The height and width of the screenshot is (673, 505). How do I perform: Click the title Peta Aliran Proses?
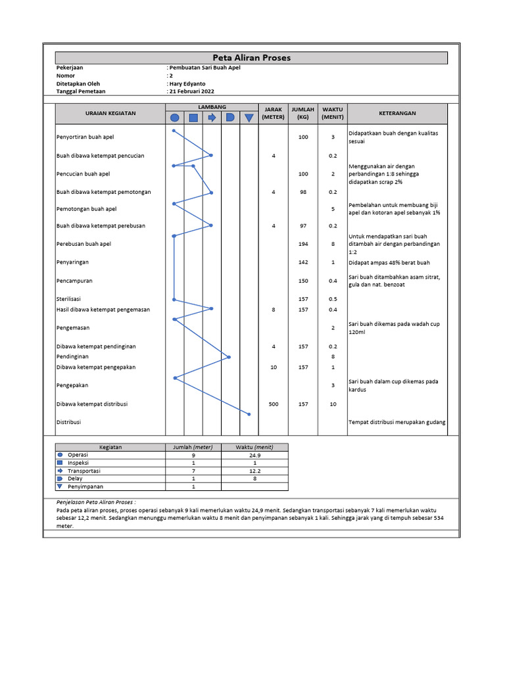tap(251, 58)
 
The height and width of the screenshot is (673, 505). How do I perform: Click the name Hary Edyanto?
tap(189, 84)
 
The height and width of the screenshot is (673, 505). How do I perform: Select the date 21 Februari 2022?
tap(193, 92)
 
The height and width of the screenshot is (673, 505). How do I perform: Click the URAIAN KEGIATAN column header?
tap(110, 113)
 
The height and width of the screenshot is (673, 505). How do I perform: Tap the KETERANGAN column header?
tap(397, 113)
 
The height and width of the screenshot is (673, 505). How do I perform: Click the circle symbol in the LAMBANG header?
tap(174, 118)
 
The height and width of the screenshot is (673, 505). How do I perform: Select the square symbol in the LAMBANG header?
tap(193, 118)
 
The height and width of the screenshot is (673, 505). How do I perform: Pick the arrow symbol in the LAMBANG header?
tap(212, 118)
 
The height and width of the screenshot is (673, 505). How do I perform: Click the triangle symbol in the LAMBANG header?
tap(249, 118)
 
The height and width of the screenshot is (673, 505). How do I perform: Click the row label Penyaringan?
tap(72, 262)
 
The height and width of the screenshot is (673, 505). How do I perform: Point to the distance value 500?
tap(273, 404)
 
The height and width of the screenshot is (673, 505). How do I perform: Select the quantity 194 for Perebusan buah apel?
tap(303, 244)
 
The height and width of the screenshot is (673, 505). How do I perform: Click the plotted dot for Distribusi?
tap(249, 414)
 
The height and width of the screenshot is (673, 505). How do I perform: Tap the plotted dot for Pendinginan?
tap(229, 357)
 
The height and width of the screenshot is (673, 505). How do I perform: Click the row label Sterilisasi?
tap(68, 299)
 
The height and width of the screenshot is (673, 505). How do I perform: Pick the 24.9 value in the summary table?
tap(255, 455)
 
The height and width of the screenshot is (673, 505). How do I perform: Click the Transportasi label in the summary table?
tap(84, 471)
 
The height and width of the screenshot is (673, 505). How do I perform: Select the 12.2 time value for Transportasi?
tap(255, 471)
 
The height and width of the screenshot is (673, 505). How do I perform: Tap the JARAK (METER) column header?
tap(273, 113)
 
